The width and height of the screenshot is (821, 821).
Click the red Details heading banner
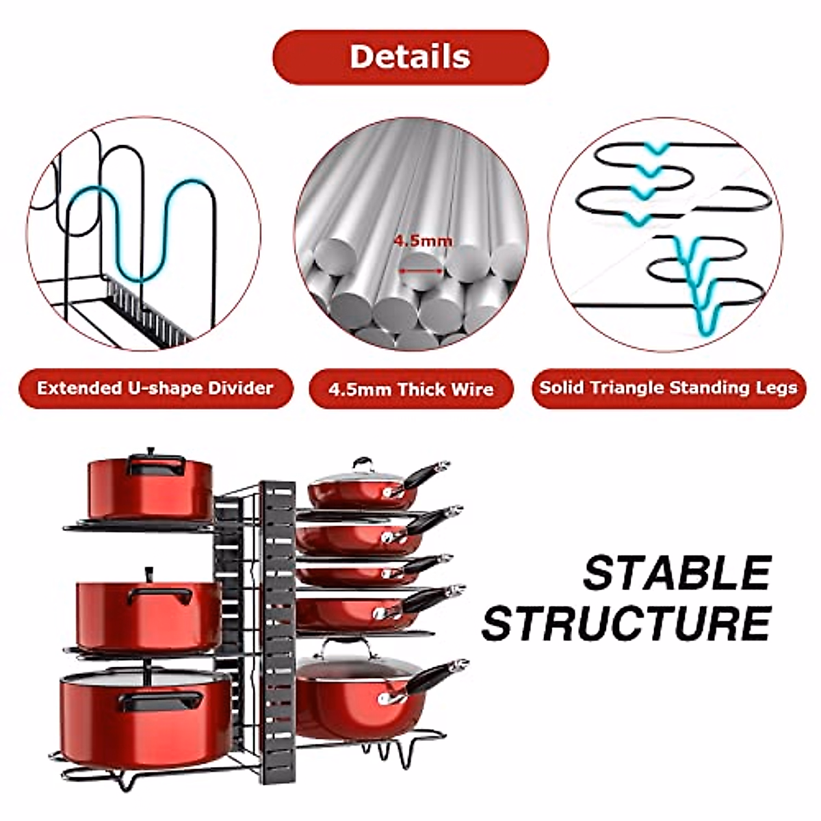click(x=410, y=57)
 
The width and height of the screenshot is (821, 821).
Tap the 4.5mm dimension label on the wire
click(x=422, y=241)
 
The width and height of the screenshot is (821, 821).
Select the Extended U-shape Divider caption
click(x=155, y=389)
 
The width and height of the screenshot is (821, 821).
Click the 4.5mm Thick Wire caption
click(x=410, y=390)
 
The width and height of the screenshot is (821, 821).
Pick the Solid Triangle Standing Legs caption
click(x=668, y=388)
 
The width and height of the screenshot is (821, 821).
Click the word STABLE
click(x=677, y=573)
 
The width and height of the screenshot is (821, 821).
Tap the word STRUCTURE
click(x=627, y=623)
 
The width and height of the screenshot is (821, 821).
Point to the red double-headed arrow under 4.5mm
click(x=421, y=271)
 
